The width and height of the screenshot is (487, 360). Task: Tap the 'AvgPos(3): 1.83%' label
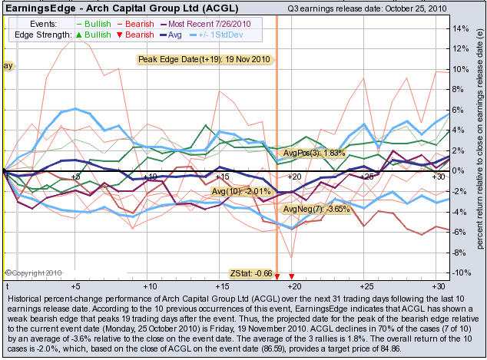pos(314,154)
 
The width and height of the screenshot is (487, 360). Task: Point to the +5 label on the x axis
pos(75,177)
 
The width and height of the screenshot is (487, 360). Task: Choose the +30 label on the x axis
pos(438,177)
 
